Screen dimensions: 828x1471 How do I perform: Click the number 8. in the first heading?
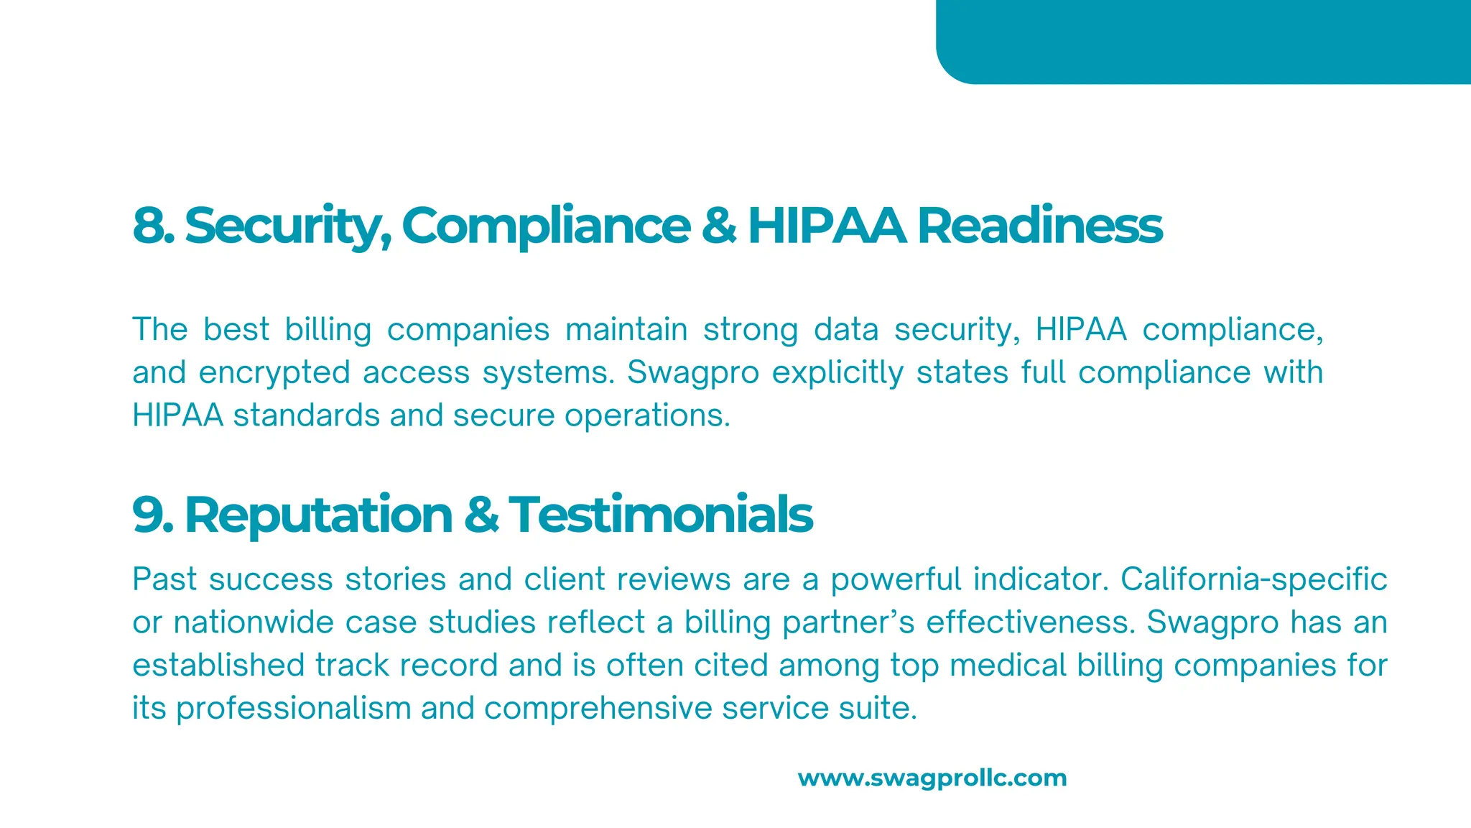153,226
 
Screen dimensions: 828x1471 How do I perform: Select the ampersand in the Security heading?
718,226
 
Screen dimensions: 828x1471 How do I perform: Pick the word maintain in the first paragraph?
626,330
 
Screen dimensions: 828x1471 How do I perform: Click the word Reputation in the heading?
318,515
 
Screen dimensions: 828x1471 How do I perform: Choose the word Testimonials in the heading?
660,515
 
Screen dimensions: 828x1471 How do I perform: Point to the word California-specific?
1253,579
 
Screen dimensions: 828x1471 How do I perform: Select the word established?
218,666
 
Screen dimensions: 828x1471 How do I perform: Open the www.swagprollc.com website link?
932,778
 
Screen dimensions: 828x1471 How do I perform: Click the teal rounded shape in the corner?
1203,41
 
